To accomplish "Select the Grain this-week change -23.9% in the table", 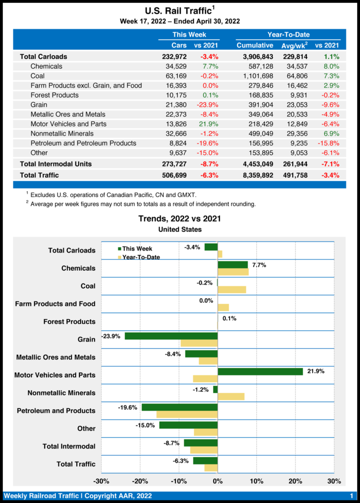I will pos(206,105).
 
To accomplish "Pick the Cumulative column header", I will pos(255,45).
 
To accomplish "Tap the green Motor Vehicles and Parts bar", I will pos(260,371).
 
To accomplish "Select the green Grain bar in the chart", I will pos(171,336).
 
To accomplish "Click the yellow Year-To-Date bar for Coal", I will pos(232,290).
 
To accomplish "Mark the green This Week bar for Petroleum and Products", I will pos(179,407).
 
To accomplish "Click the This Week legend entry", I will pos(137,249).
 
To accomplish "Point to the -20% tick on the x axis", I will pos(140,480).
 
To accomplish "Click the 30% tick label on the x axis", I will pos(334,480).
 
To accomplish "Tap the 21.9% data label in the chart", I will pos(316,371).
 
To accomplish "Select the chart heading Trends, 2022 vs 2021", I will pos(180,219).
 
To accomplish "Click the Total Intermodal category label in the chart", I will pos(69,446).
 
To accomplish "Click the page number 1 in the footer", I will pos(352,496).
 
